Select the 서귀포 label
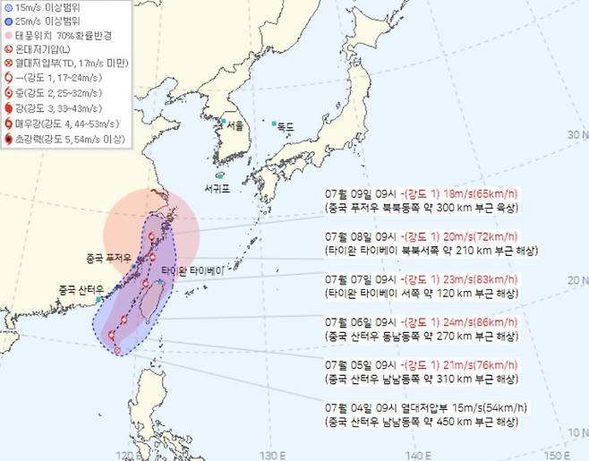click(x=218, y=189)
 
